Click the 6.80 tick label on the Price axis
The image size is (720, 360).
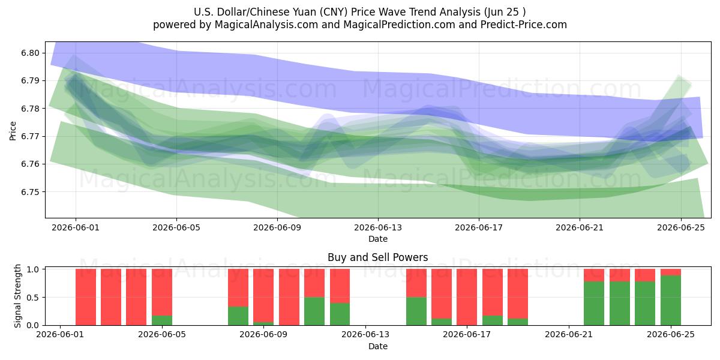[x=31, y=53]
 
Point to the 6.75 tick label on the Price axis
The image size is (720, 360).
[x=31, y=192]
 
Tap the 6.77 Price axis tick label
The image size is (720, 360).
[x=31, y=136]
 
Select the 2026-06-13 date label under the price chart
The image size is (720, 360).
[x=378, y=227]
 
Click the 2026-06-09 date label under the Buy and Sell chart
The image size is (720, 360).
[x=263, y=335]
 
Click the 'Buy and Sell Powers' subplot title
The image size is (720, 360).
[x=377, y=257]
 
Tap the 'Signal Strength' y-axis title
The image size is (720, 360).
[x=17, y=296]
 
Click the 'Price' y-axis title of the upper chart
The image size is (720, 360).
[x=13, y=131]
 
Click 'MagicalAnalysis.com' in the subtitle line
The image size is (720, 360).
[x=266, y=25]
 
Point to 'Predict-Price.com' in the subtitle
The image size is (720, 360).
[x=524, y=25]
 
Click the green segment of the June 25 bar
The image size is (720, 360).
[x=671, y=300]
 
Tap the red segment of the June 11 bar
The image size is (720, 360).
[x=314, y=283]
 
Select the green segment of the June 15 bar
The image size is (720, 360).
[x=416, y=311]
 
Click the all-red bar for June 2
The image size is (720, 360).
[x=86, y=297]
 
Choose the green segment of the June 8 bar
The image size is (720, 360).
[x=238, y=316]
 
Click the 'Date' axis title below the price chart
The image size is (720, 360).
[x=378, y=239]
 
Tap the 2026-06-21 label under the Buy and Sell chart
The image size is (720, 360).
[x=569, y=335]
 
